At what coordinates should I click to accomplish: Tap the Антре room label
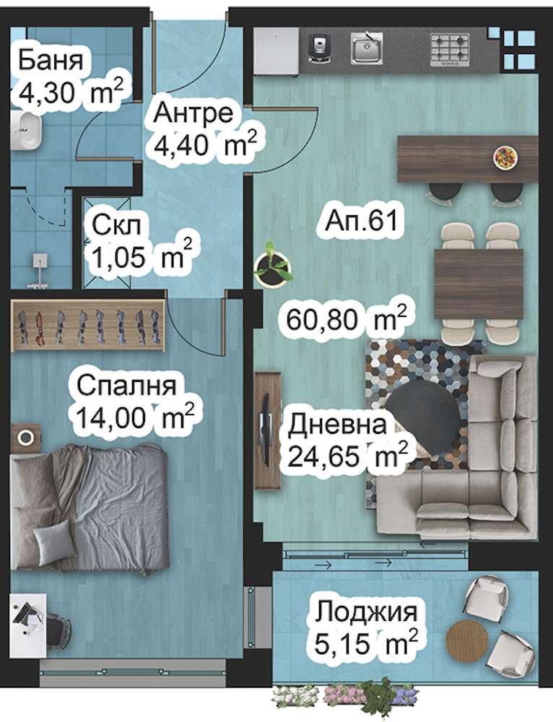coord(194,114)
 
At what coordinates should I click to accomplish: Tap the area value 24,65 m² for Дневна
coord(347,456)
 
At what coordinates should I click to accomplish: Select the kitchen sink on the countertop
coord(367,48)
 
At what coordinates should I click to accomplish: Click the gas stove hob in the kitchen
coord(450,48)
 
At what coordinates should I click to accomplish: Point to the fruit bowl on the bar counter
coord(505,156)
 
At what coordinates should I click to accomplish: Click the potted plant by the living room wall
coord(272,266)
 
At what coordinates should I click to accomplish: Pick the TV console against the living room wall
coord(267,430)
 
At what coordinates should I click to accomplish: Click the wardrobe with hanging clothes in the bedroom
coord(88,325)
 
